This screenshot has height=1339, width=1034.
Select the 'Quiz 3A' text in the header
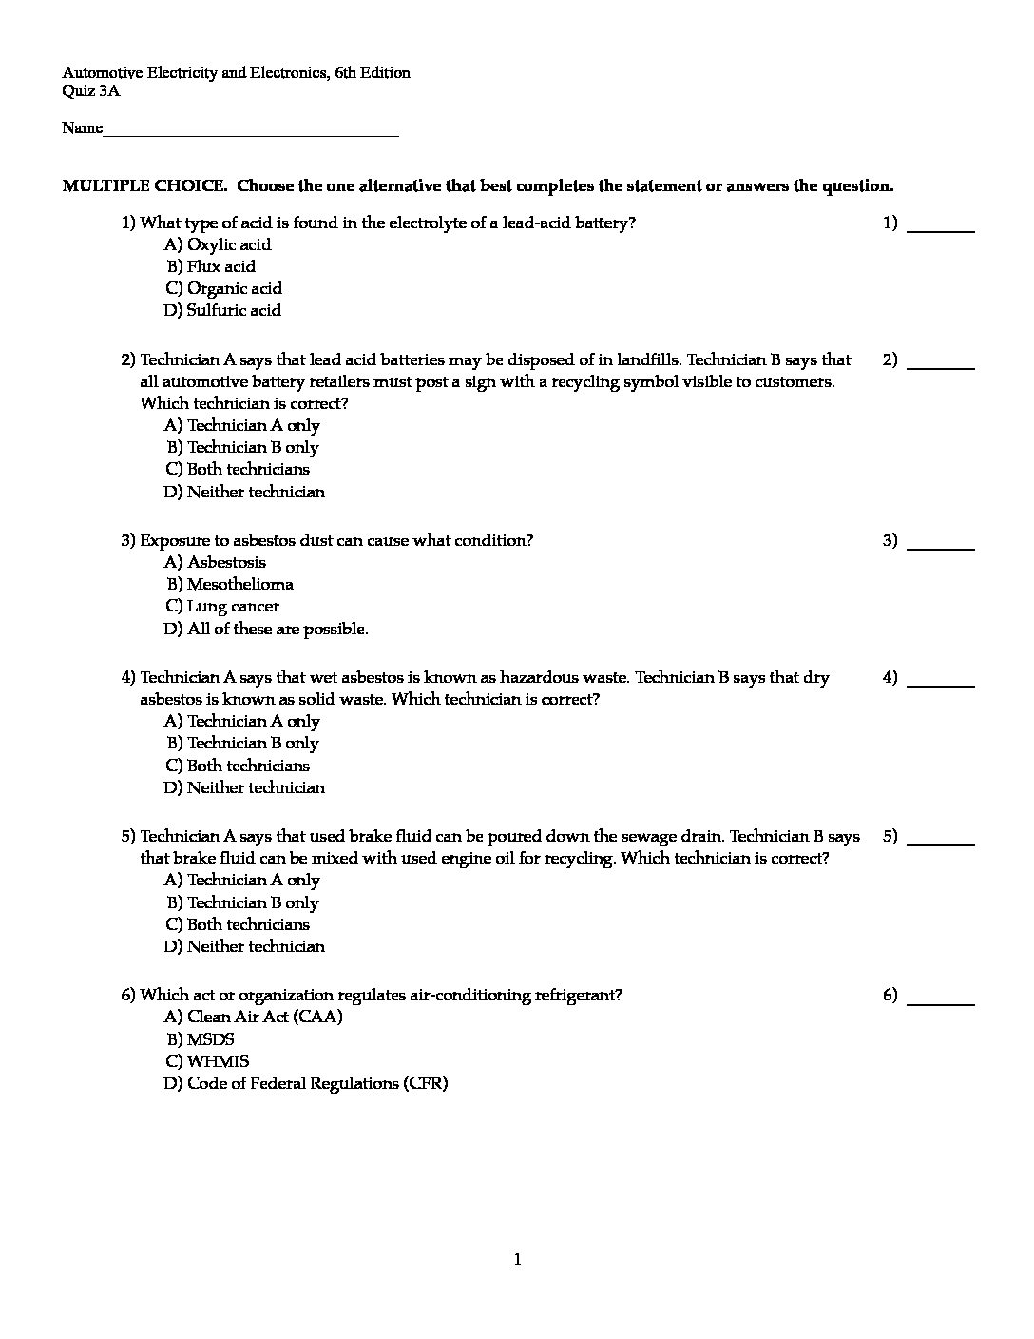tap(91, 91)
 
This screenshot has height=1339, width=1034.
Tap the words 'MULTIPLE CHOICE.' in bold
tap(144, 185)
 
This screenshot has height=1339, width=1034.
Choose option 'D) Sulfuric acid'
tap(222, 310)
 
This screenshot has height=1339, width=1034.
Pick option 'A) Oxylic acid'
tap(218, 244)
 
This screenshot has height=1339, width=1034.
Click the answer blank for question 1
tap(941, 228)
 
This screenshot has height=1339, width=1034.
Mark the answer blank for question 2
tap(941, 365)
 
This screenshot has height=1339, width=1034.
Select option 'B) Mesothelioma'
tap(230, 584)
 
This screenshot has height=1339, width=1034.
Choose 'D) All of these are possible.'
tap(266, 629)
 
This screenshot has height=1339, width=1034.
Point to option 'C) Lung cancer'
tap(222, 606)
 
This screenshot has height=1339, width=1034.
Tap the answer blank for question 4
tap(941, 683)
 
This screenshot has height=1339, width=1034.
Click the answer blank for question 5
tap(941, 842)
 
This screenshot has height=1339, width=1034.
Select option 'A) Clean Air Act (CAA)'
tap(253, 1017)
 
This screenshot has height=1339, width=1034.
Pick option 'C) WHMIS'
tap(207, 1061)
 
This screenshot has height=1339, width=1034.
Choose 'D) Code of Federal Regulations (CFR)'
tap(305, 1083)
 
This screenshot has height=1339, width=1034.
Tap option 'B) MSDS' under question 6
tap(201, 1039)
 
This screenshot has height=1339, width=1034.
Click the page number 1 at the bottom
tap(517, 1260)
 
